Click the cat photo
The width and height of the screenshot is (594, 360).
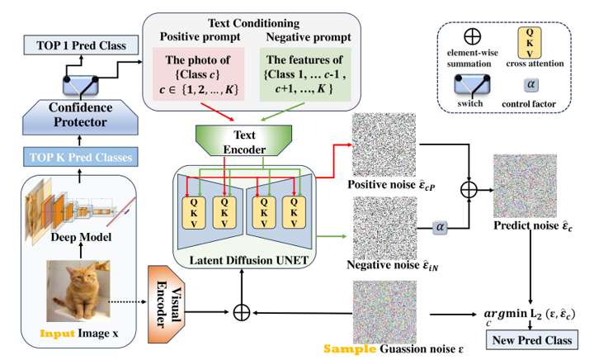click(81, 290)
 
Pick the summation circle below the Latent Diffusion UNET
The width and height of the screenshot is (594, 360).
click(242, 313)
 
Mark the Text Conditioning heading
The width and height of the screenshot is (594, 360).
click(250, 23)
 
